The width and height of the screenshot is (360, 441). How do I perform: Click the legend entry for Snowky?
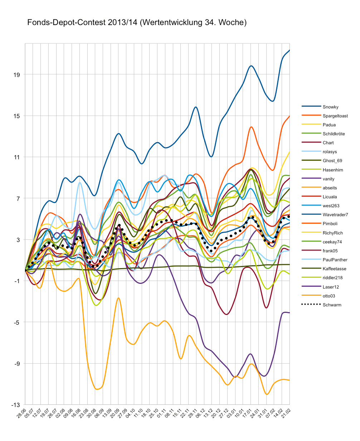[x=330, y=107]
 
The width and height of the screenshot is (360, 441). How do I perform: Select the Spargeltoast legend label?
[x=335, y=116]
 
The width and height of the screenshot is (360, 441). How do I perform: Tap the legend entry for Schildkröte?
[x=334, y=134]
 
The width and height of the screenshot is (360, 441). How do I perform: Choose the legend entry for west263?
[x=331, y=206]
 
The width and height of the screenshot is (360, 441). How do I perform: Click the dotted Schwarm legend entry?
[x=332, y=305]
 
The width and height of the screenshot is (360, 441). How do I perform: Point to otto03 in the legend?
[x=329, y=296]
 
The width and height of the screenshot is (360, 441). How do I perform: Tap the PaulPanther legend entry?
[x=335, y=260]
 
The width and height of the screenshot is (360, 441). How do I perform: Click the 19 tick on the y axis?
[x=16, y=74]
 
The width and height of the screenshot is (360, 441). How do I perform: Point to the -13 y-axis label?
[x=15, y=405]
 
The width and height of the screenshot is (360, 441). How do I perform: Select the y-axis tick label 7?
[x=18, y=198]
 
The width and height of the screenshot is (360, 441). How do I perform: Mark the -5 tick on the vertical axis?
[x=16, y=322]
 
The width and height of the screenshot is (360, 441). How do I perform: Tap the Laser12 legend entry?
[x=331, y=287]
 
